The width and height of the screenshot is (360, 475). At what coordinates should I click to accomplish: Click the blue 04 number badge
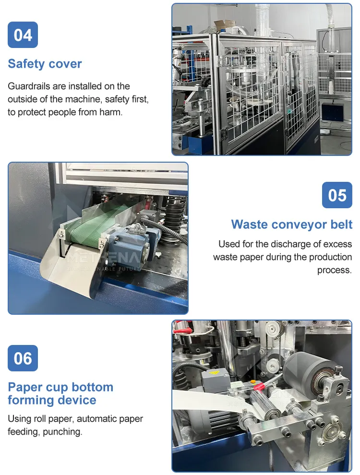tap(23, 35)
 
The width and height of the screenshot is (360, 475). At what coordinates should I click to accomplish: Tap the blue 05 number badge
tap(337, 195)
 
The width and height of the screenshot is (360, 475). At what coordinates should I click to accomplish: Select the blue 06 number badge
tap(23, 358)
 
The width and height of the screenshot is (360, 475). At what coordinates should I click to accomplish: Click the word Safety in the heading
tap(26, 64)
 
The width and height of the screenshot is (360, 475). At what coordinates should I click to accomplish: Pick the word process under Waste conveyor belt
tap(335, 270)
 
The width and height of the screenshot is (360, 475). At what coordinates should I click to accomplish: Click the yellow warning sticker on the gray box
tap(214, 372)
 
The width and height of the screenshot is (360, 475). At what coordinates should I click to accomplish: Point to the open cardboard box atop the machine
tap(225, 25)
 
